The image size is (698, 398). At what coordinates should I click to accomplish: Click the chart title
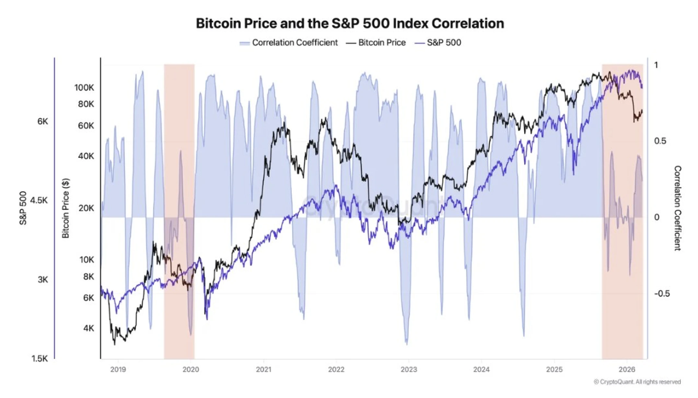(x=350, y=24)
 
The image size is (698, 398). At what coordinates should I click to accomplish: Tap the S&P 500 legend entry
(x=438, y=43)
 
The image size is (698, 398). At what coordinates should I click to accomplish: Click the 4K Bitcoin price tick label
(x=88, y=328)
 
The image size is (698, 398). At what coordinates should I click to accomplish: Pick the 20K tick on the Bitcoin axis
(x=86, y=208)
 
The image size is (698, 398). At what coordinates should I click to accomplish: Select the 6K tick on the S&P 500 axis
(x=42, y=121)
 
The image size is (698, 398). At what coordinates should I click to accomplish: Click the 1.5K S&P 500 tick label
(x=40, y=359)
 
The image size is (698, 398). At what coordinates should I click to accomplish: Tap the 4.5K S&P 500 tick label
(x=39, y=200)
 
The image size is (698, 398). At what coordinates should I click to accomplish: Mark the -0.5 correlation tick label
(x=662, y=293)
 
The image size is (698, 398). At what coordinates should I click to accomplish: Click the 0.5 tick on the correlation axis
(x=660, y=141)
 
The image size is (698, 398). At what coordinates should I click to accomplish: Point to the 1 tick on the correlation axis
(x=656, y=65)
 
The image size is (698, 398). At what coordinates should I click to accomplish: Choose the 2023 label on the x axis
(x=409, y=370)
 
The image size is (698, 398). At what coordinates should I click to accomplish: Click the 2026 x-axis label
(x=626, y=370)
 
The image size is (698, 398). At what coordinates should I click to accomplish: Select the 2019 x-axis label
(x=118, y=370)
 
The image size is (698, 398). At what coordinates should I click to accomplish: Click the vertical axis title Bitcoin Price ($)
(x=66, y=208)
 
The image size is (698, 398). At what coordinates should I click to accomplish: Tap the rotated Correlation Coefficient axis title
(x=677, y=208)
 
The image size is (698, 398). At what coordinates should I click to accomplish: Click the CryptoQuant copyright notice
(x=637, y=382)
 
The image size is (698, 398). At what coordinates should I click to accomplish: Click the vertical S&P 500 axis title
(x=23, y=208)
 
